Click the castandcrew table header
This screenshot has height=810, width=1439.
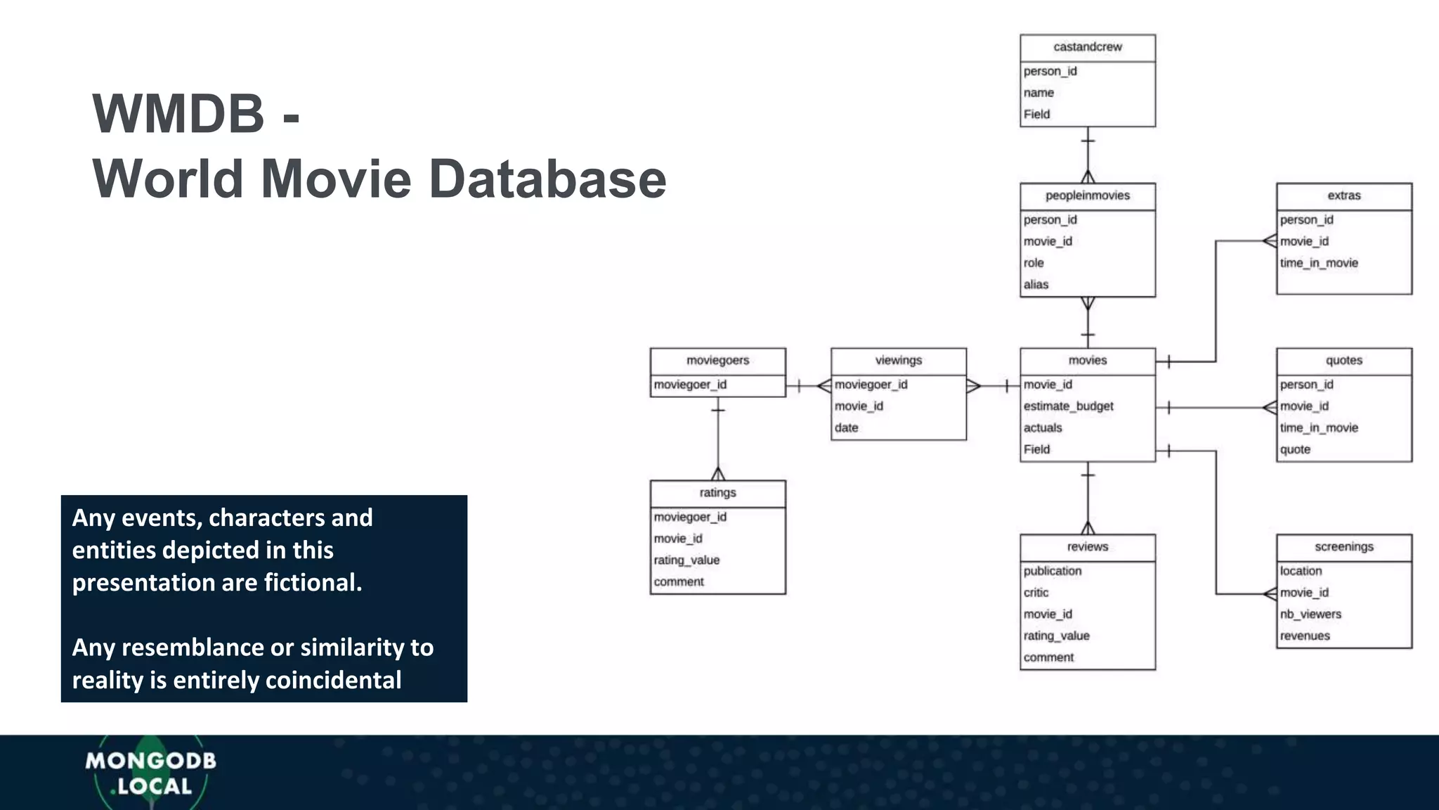(x=1087, y=47)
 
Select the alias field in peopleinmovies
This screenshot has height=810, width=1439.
(x=1036, y=284)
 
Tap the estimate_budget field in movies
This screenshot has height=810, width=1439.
(x=1068, y=406)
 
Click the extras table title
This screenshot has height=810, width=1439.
(x=1343, y=195)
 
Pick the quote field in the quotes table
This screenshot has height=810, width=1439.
(x=1295, y=449)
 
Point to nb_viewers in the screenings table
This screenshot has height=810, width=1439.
(x=1310, y=614)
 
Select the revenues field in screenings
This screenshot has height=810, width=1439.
(x=1305, y=636)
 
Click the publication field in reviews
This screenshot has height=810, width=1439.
(x=1053, y=571)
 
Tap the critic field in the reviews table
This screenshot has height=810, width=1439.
(x=1036, y=593)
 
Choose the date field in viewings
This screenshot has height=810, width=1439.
(x=846, y=427)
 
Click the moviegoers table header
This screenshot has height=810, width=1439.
(x=717, y=361)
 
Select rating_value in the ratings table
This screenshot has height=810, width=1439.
(x=686, y=560)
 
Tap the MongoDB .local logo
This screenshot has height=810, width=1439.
(x=150, y=773)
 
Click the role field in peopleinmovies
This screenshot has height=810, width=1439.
(x=1034, y=263)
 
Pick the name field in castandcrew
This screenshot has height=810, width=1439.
(x=1038, y=93)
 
